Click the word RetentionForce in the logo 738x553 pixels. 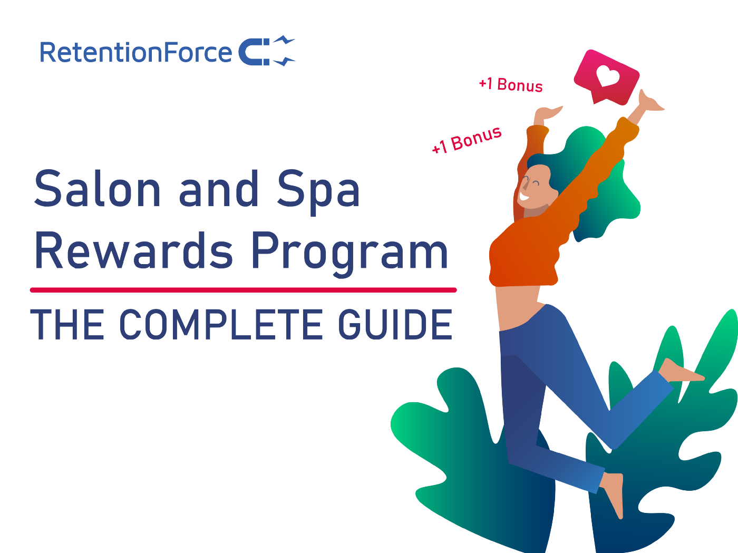pyautogui.click(x=135, y=53)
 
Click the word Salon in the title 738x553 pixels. pyautogui.click(x=98, y=189)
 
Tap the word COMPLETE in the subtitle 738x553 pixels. pyautogui.click(x=221, y=324)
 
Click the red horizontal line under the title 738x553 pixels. pyautogui.click(x=243, y=290)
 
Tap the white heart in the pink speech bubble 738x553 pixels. pyautogui.click(x=607, y=76)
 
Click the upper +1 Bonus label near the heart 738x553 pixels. pyautogui.click(x=510, y=85)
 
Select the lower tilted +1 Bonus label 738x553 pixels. pyautogui.click(x=467, y=140)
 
